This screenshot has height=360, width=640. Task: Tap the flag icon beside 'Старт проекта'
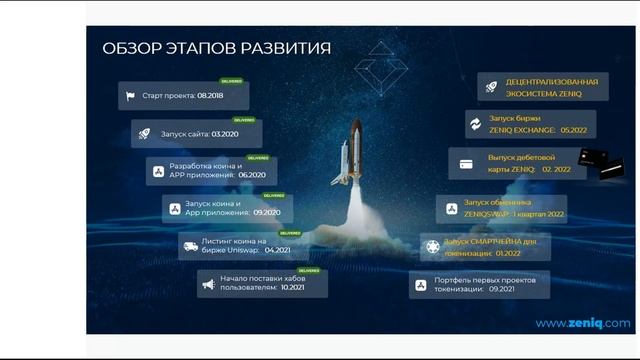129,98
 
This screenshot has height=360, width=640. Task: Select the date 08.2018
210,98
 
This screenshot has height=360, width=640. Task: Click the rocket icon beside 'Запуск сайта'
145,134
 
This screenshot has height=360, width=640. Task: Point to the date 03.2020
225,134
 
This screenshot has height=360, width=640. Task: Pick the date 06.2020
249,175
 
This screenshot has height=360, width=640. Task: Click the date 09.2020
266,212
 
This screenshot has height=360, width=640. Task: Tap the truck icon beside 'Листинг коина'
190,245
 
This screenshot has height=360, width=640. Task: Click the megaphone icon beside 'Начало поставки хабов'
208,284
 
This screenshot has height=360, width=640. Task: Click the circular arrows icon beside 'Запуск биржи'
474,124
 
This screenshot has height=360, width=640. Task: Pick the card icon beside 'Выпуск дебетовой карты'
465,163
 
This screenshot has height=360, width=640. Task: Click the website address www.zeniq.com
582,323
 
